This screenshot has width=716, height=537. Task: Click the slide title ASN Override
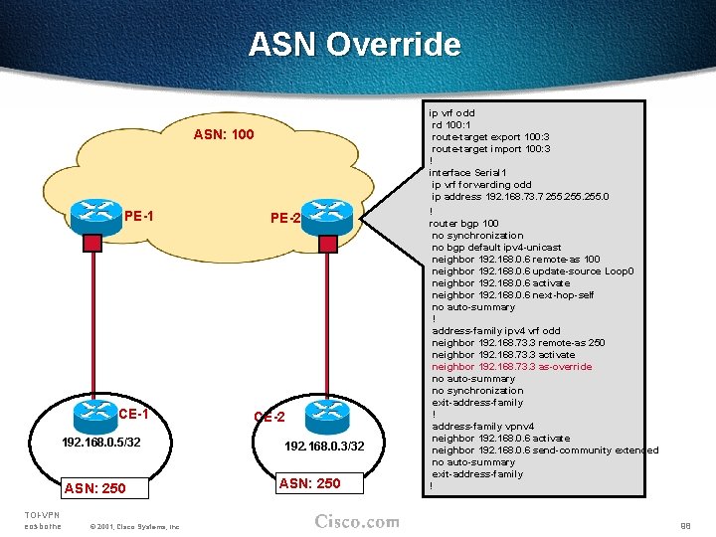tap(355, 45)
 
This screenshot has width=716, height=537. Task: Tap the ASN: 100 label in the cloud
tap(224, 134)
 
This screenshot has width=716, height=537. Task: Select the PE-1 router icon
tap(97, 212)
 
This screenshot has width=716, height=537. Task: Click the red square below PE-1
tap(92, 243)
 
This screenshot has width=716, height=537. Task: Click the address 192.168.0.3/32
tap(325, 447)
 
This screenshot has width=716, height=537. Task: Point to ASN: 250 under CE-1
tap(94, 488)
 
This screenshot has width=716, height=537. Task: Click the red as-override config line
tap(511, 367)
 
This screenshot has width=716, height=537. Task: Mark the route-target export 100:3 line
tap(491, 137)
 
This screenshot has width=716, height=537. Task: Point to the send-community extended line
tap(544, 450)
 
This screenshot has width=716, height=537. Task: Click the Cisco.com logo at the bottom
tap(357, 522)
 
